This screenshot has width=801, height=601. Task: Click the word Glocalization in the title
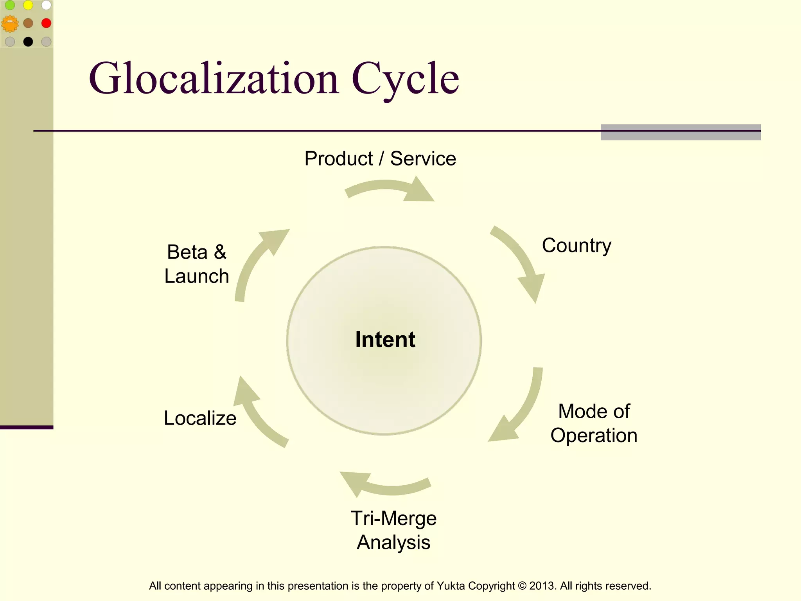pos(214,79)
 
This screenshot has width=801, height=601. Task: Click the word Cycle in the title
pos(405,79)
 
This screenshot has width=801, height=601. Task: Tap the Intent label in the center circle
pos(385,339)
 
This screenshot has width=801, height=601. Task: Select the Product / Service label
pos(380,159)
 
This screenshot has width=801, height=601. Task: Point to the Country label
pos(576,246)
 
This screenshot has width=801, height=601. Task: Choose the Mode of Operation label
pos(594,423)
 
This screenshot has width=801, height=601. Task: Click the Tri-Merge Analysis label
pos(393,530)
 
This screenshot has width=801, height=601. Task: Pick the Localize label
pos(200,418)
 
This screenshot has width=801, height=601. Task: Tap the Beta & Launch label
pos(197,264)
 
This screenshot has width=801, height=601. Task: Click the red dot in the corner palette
pos(46,23)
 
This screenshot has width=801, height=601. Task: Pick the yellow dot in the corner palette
pos(28,5)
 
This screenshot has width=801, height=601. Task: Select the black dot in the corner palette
pos(28,41)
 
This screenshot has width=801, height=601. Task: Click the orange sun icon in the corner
pos(10,23)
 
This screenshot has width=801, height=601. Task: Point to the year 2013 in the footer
pos(541,586)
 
